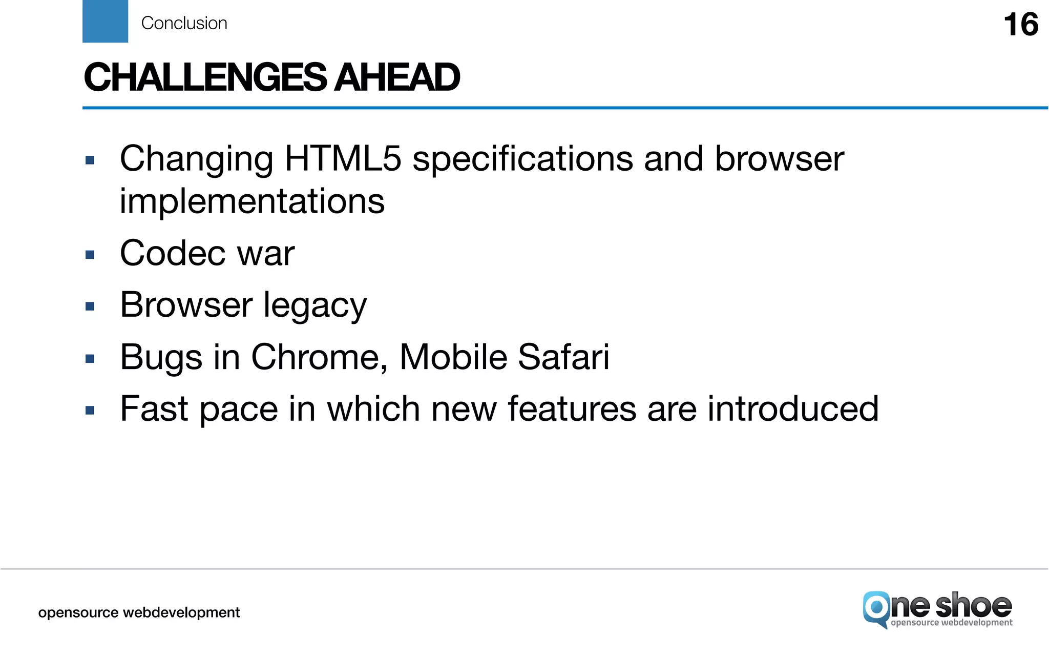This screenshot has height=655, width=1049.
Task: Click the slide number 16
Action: click(1020, 25)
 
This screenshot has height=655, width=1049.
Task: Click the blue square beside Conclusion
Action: click(105, 21)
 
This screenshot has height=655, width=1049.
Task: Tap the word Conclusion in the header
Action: click(184, 24)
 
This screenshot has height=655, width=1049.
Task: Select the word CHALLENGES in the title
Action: click(205, 77)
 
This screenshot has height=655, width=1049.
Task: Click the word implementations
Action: click(252, 201)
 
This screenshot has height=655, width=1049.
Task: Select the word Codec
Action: click(173, 253)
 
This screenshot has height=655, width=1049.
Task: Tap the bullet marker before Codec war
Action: click(90, 255)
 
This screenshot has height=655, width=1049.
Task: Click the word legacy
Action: click(315, 306)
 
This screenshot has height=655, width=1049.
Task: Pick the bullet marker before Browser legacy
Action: click(90, 307)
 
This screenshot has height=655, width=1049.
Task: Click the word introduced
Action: click(793, 409)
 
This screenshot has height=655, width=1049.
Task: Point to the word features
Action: click(572, 409)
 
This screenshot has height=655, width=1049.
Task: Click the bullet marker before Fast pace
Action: click(90, 411)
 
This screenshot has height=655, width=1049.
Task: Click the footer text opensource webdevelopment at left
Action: click(139, 612)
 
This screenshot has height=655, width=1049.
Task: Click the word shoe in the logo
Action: click(973, 606)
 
